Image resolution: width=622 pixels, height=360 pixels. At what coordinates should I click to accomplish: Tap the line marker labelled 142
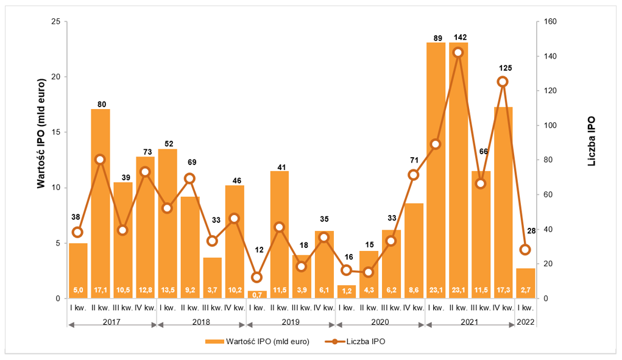pyautogui.click(x=458, y=52)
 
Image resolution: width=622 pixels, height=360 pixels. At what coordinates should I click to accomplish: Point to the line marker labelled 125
pyautogui.click(x=503, y=82)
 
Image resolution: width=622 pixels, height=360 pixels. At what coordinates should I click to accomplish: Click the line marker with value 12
pyautogui.click(x=256, y=277)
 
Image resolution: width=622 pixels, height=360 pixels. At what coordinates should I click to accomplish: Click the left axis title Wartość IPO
pyautogui.click(x=41, y=133)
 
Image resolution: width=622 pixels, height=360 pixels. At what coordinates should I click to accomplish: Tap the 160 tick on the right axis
pyautogui.click(x=551, y=22)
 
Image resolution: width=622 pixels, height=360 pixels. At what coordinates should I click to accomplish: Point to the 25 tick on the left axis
pyautogui.click(x=55, y=22)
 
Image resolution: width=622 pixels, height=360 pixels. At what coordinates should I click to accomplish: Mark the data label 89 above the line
pyautogui.click(x=436, y=38)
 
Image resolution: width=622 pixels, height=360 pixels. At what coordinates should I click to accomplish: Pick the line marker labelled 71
pyautogui.click(x=413, y=175)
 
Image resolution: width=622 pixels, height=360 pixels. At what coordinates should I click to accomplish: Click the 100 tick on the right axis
pyautogui.click(x=551, y=125)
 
